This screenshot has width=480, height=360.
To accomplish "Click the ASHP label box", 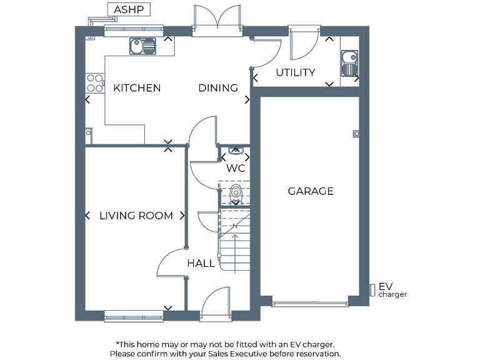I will point(129,10).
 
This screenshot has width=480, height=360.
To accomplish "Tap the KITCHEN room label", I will point(137,88).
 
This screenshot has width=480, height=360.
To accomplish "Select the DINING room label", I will point(218,88).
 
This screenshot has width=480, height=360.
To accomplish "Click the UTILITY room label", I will point(295,72).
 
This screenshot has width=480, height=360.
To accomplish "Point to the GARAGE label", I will point(311,191).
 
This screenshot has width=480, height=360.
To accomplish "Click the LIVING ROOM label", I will point(136,216).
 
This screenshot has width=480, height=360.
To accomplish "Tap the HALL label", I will point(201,264).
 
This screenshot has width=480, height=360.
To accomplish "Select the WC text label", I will point(236,168).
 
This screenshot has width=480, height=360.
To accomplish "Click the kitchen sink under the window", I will point(143,46).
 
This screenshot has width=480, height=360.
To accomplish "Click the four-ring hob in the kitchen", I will point(94,83).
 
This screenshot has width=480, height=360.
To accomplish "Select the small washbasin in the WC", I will point(236,150).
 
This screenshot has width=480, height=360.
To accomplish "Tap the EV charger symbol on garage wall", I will point(372,290).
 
